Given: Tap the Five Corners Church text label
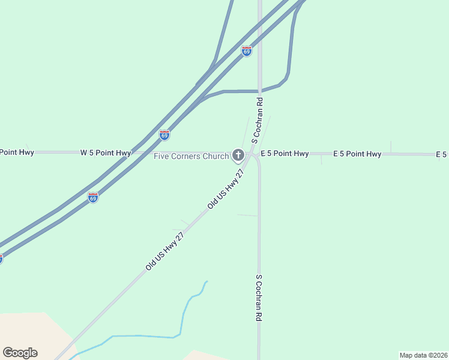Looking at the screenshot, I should tap(191, 157).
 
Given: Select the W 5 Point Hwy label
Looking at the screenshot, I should tap(106, 153).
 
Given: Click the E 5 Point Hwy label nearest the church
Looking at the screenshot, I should tap(285, 154).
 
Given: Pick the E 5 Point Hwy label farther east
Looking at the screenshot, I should tap(357, 154).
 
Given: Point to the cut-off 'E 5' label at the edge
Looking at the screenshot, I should tap(442, 155).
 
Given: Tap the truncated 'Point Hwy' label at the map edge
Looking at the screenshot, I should tap(17, 152).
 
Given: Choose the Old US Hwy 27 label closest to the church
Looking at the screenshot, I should tap(226, 188).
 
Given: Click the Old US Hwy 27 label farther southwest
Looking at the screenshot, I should tap(164, 251).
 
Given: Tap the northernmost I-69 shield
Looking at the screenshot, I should tap(247, 51).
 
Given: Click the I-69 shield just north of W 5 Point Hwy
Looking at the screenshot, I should tap(164, 135).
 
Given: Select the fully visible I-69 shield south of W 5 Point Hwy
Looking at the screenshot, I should tap(92, 197).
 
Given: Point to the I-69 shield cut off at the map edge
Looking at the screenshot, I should tap(1, 259).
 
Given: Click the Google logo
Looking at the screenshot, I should tap(20, 353).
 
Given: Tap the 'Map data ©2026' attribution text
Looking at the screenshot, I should tap(423, 355).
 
